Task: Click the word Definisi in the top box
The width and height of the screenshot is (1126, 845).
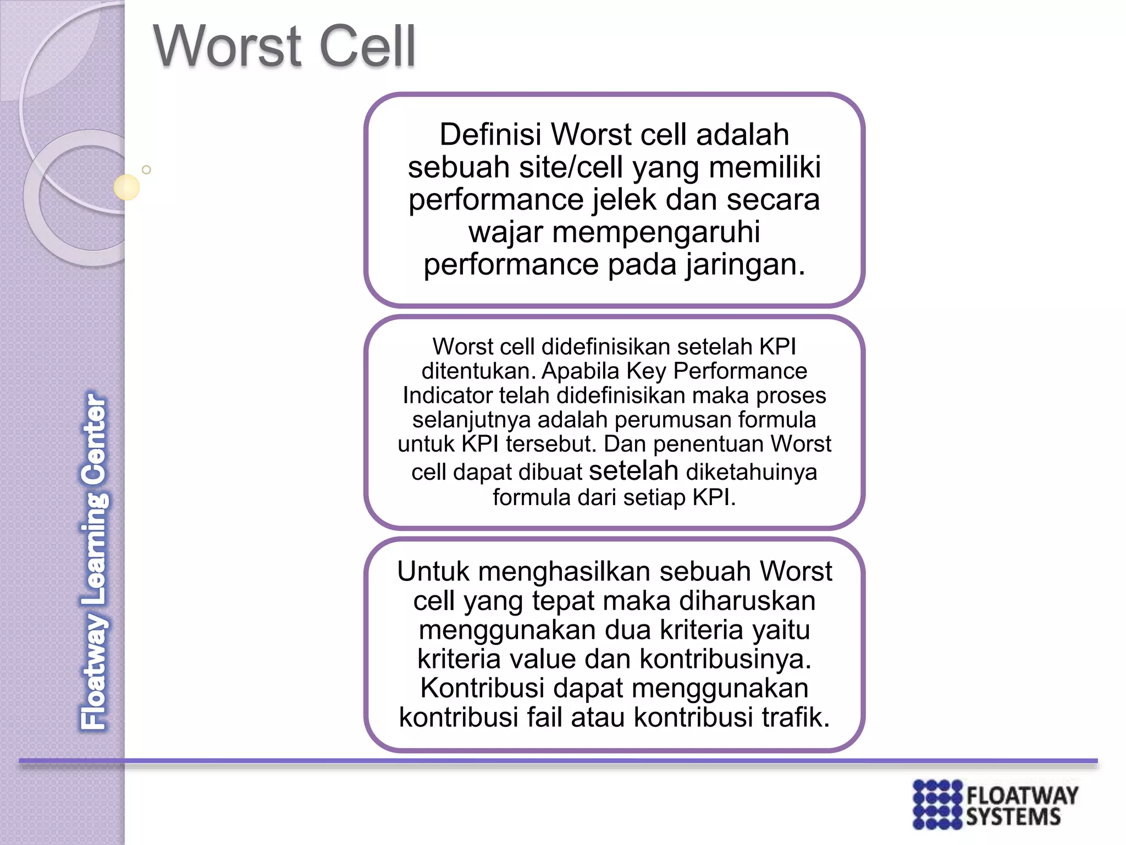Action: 491,134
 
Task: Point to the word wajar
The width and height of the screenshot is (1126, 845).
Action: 506,232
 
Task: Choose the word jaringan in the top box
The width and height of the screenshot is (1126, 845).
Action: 745,265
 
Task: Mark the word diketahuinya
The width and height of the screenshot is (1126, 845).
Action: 752,472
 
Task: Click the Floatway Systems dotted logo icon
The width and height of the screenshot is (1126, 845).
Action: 937,804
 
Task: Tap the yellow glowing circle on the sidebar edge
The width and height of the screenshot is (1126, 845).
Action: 126,187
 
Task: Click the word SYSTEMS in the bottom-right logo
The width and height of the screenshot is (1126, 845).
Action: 1013,817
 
